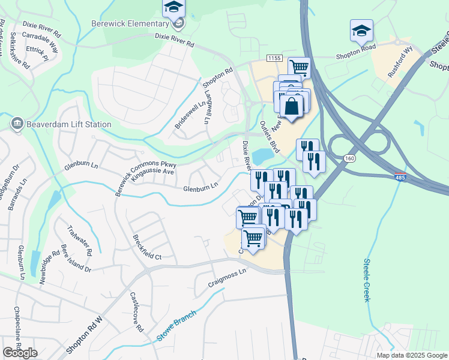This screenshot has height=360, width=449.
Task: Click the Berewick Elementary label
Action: point(130,23)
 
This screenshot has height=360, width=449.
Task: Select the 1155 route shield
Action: point(274,58)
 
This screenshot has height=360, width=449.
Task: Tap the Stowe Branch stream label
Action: point(176,326)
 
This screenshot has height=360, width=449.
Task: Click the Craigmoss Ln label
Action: point(227,272)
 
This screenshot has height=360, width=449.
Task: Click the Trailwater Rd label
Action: point(79,240)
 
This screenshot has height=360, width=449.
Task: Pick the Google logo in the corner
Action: point(20,353)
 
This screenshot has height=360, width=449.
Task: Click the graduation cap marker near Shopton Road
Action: point(361,30)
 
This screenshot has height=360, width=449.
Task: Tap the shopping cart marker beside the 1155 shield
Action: point(298,67)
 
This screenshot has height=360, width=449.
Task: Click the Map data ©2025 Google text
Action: point(411,355)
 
